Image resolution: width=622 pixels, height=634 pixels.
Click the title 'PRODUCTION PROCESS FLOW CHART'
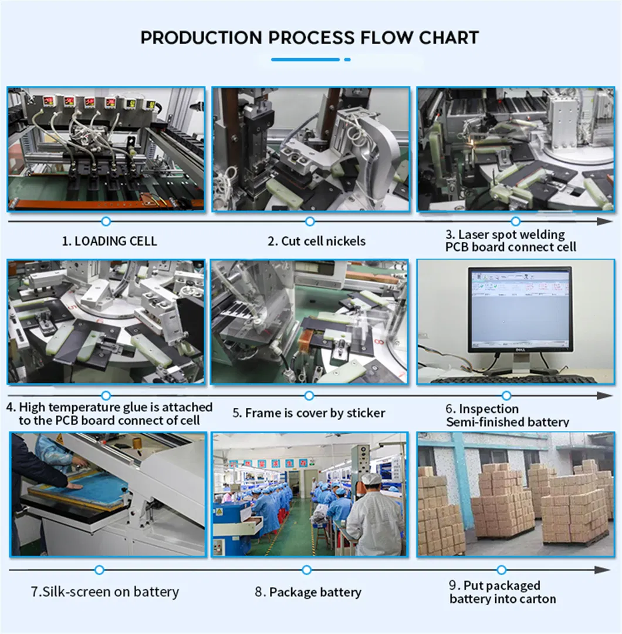pos(309,38)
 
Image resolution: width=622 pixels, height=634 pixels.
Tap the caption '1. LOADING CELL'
pos(109,241)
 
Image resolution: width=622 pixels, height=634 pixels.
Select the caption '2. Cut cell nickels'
pos(316,241)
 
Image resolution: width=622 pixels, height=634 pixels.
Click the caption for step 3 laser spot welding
pos(511,240)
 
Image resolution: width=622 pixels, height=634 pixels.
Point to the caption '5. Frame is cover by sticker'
pos(309,413)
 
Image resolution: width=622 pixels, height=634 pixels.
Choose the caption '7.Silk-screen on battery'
pos(105,592)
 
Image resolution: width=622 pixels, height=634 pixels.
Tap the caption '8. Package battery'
pos(307,592)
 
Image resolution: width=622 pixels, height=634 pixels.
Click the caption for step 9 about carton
pos(502,592)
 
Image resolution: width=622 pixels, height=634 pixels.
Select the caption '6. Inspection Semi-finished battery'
pos(508,415)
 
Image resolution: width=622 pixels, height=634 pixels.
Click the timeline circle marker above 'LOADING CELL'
pos(106,221)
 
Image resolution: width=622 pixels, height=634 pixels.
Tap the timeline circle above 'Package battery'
pos(306,570)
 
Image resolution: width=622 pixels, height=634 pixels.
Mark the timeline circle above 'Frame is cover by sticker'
pos(309,395)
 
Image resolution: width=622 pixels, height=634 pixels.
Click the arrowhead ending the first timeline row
pos(604,221)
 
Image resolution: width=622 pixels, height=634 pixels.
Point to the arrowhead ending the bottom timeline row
pos(602,570)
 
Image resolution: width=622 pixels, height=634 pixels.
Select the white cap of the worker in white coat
pos(371,479)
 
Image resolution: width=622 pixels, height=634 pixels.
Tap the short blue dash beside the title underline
pos(347,59)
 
